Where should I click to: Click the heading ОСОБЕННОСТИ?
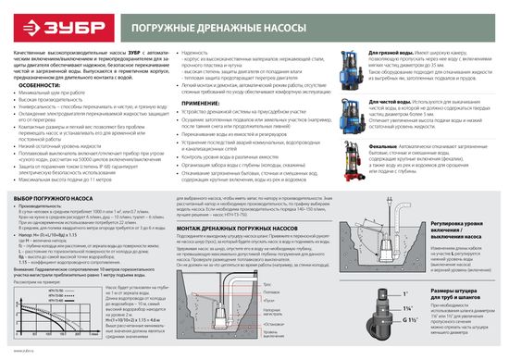[33, 88]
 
